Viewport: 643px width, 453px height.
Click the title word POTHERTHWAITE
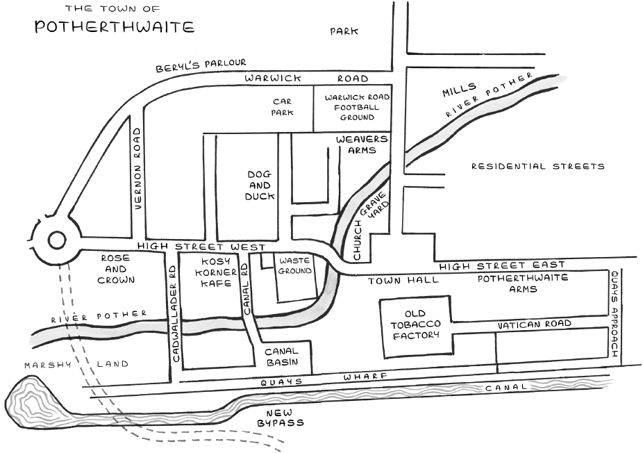[x=115, y=26]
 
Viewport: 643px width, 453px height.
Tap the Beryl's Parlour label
[x=201, y=65]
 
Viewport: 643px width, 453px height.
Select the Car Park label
[x=282, y=106]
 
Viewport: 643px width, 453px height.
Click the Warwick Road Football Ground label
[x=357, y=108]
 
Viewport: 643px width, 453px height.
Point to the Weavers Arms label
[x=362, y=145]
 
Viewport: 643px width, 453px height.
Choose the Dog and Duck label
[x=260, y=186]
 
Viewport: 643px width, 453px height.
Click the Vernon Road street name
[x=137, y=169]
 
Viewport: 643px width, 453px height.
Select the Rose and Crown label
[x=116, y=269]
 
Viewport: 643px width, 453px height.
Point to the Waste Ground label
[x=294, y=266]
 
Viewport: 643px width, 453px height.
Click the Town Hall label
[x=403, y=281]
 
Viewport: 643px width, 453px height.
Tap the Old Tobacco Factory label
[x=416, y=324]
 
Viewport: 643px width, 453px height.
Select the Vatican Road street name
[x=535, y=324]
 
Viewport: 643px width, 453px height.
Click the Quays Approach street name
[x=615, y=313]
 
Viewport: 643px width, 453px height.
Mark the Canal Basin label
[x=282, y=356]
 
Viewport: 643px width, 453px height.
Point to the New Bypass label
[x=281, y=418]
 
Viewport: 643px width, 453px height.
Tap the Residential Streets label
[x=538, y=166]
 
